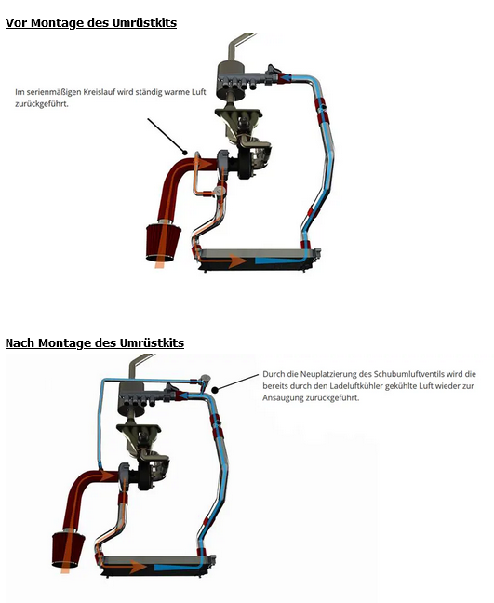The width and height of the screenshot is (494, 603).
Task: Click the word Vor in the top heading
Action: pos(17,22)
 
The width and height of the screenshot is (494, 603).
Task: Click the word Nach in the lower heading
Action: pos(20,342)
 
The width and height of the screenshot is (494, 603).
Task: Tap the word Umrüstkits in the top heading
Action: pos(144,22)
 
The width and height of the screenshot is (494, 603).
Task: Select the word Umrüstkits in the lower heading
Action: pos(152,342)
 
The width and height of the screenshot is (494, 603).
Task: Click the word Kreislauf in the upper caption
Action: pos(100,92)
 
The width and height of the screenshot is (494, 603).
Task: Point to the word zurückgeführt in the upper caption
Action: pos(42,104)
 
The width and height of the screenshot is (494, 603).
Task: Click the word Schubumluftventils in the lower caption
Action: pos(409,374)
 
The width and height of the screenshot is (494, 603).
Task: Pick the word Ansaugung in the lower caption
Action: pos(283,398)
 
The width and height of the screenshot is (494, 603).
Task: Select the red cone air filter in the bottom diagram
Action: pos(69,550)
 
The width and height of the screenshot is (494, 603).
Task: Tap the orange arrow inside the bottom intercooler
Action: pos(124,567)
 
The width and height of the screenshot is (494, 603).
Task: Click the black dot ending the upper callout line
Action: pos(185,153)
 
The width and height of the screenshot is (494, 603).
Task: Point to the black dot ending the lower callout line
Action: pos(215,390)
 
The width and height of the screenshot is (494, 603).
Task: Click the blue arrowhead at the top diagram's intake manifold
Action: pos(285,78)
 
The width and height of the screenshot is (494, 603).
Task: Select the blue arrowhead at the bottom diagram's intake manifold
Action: pos(182,395)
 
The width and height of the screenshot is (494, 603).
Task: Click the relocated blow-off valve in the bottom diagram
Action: pos(205,380)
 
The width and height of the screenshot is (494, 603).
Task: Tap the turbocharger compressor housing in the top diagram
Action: pos(223,164)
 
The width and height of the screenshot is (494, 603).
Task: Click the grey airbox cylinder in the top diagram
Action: pos(231,80)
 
